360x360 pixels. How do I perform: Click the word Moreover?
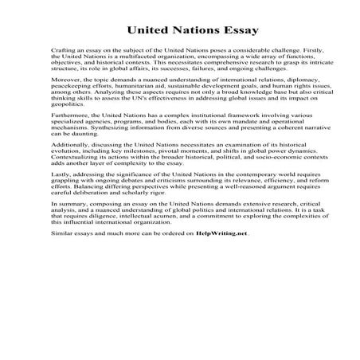coord(66,104)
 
